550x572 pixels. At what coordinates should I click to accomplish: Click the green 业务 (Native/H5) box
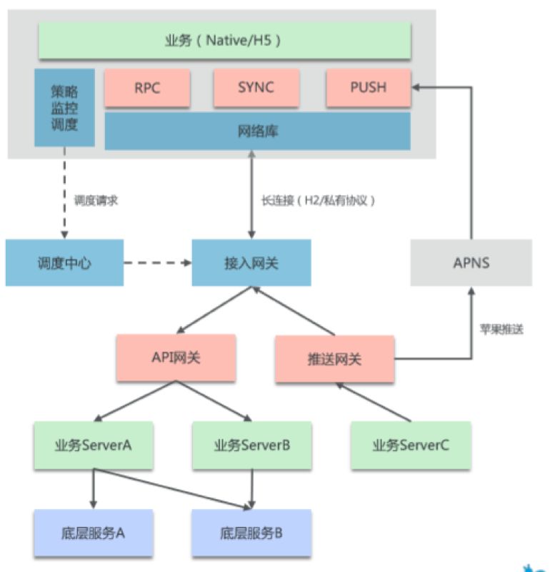click(x=224, y=41)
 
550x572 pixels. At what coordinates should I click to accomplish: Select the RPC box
click(x=147, y=88)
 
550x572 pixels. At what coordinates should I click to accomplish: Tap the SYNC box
click(x=255, y=88)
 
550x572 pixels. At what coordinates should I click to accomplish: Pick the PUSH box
click(x=368, y=88)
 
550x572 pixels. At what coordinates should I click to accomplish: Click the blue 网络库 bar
click(x=257, y=132)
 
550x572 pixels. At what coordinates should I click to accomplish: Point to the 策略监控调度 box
click(x=64, y=108)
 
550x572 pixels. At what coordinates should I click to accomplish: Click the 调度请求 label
click(x=96, y=201)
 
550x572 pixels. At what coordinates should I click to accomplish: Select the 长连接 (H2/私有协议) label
click(x=319, y=201)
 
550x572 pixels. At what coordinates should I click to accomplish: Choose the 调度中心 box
click(x=64, y=262)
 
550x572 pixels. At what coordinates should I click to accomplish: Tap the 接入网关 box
click(x=251, y=262)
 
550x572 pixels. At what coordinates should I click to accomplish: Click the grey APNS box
click(x=471, y=262)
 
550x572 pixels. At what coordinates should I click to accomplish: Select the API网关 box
click(x=176, y=357)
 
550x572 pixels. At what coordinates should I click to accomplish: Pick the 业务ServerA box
click(x=94, y=445)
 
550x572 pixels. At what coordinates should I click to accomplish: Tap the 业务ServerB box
click(x=251, y=445)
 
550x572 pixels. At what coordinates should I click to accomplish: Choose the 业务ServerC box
click(x=411, y=445)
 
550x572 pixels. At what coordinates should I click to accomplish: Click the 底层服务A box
click(x=94, y=533)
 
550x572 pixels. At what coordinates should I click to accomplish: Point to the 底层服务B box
click(x=251, y=533)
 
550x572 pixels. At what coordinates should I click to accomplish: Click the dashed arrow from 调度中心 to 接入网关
click(x=157, y=262)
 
